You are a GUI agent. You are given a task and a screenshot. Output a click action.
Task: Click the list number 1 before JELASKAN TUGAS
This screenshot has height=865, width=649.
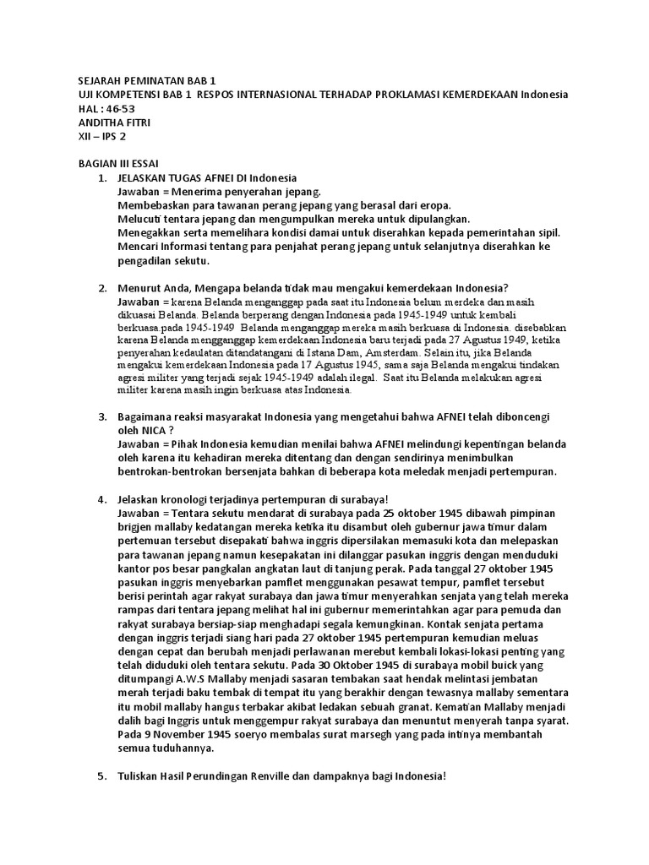[101, 178]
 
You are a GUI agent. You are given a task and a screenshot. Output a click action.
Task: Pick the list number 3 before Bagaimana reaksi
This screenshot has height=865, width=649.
[101, 416]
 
